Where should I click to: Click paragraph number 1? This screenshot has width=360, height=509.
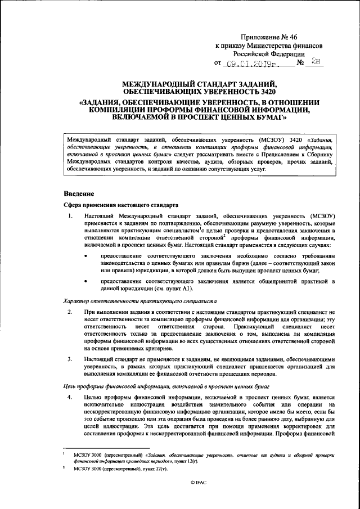point(69,217)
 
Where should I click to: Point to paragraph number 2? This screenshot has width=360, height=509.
point(69,312)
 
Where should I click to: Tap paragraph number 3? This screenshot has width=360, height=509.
point(69,358)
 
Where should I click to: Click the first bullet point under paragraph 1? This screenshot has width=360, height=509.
point(86,256)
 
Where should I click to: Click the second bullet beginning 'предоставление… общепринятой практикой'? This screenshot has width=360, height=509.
point(86,281)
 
